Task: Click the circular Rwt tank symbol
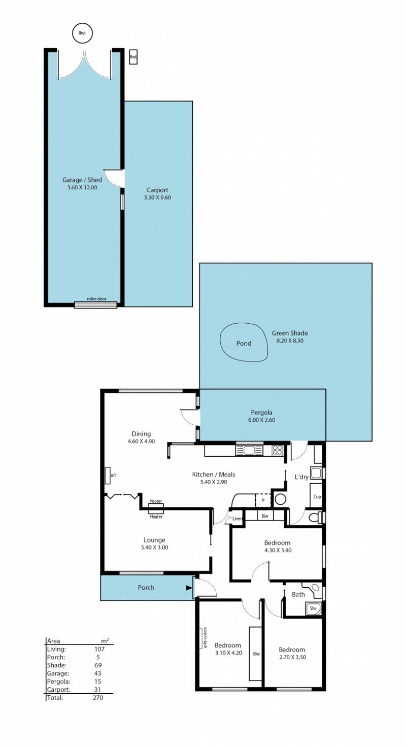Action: pos(82,33)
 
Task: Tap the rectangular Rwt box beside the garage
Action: pos(133,57)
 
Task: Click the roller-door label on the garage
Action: pos(96,299)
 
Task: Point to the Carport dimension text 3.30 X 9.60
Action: pos(157,197)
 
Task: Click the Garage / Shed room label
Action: pos(82,180)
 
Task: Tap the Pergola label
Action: pos(261,413)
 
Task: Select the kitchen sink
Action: pos(250,451)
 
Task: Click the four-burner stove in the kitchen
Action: pos(277,451)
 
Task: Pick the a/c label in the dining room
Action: pos(114,475)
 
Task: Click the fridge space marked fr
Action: pos(263,500)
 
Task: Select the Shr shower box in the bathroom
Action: pos(313,608)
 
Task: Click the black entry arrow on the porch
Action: pos(189,588)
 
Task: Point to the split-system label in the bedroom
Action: pos(206,637)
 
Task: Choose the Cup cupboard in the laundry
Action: pos(316,496)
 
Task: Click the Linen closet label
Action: pos(237,519)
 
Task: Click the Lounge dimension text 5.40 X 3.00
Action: pos(154,547)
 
